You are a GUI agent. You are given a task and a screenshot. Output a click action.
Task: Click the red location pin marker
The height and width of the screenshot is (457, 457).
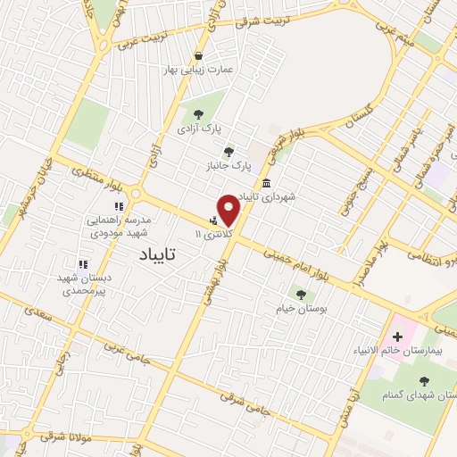228,210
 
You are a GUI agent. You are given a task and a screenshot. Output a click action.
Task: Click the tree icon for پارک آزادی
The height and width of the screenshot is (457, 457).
197,113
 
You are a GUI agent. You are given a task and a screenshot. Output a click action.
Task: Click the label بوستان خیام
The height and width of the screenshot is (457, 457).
300,308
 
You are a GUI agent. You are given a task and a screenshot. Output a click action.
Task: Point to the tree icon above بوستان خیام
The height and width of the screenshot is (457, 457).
301,292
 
